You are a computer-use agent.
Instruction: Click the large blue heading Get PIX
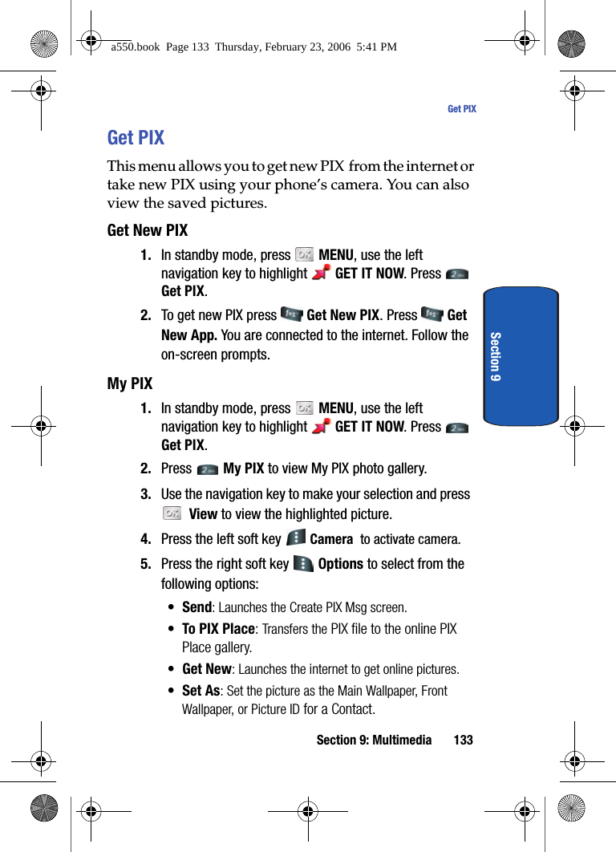click(136, 138)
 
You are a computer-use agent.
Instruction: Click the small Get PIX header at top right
click(461, 109)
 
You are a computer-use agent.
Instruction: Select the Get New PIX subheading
click(148, 230)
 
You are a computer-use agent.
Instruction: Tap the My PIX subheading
click(130, 383)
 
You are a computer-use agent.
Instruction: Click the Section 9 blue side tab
click(521, 355)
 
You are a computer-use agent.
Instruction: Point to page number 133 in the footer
click(463, 740)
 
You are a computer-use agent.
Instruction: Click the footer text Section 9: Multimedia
click(374, 740)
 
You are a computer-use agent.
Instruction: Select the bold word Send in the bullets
click(197, 607)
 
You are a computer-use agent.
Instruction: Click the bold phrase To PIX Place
click(218, 629)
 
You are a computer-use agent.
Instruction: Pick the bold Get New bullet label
click(207, 668)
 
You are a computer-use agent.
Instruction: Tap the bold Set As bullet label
click(201, 690)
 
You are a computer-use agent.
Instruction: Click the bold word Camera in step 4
click(331, 539)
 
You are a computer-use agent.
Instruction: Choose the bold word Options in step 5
click(341, 564)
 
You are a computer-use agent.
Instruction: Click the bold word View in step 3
click(203, 514)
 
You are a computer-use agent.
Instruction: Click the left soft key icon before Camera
click(295, 538)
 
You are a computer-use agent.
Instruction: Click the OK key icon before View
click(171, 513)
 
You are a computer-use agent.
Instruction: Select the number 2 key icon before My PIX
click(207, 469)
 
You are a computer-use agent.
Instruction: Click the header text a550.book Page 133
click(253, 47)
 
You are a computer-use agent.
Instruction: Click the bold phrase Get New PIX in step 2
click(343, 315)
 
